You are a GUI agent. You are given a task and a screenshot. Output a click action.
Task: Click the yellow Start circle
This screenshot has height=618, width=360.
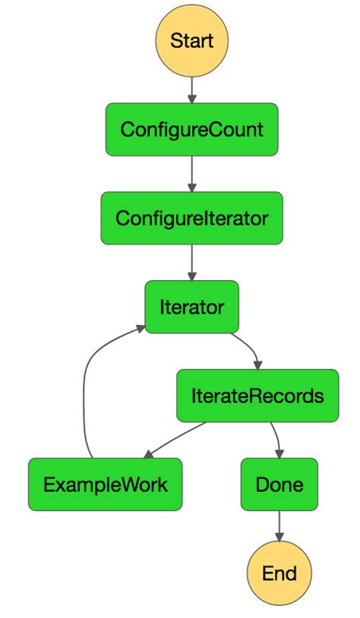(x=191, y=40)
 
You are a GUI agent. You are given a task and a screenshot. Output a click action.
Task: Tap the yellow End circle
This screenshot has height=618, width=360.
(x=279, y=573)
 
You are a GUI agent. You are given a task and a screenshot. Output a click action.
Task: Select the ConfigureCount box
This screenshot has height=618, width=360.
(x=191, y=129)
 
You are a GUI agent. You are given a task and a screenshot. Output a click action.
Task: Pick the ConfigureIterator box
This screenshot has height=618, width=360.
(x=191, y=218)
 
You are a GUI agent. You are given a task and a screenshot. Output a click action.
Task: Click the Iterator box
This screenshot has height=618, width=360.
(x=191, y=307)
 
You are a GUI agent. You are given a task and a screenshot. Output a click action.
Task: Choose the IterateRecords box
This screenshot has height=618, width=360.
(x=257, y=396)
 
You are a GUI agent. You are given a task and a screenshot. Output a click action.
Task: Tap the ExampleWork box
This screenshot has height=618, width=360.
(x=105, y=484)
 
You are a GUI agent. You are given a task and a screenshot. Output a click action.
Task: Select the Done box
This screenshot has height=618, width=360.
(x=279, y=484)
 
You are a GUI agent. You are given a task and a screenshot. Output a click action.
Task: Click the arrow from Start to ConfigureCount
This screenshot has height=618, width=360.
(x=191, y=90)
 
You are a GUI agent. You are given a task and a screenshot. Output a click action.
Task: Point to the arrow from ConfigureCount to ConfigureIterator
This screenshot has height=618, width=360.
(x=191, y=174)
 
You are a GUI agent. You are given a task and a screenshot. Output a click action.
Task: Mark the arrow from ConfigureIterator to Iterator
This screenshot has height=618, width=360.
(x=191, y=263)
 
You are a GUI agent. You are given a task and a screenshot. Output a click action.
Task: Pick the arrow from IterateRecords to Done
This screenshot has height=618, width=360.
(x=276, y=439)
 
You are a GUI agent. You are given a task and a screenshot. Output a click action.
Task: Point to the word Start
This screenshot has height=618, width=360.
(x=191, y=40)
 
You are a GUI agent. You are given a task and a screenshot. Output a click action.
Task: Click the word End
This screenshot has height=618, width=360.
(x=279, y=573)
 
